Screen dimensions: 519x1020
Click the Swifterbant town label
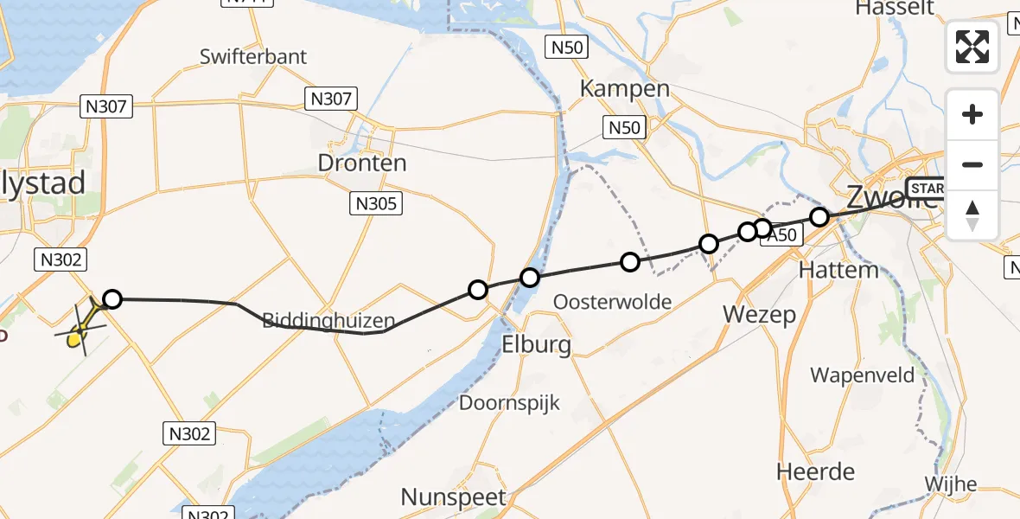point(252,57)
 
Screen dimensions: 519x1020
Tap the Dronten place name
point(362,163)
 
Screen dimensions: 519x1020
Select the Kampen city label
point(625,88)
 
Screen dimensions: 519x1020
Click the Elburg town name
point(536,345)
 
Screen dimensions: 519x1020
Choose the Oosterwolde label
point(613,301)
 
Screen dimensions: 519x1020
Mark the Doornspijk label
point(509,402)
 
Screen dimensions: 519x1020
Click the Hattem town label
point(838,270)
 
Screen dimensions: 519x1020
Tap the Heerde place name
point(815,472)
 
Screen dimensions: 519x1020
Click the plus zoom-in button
point(972,114)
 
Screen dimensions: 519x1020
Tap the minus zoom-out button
point(972,164)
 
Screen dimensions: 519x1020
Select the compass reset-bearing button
point(972,215)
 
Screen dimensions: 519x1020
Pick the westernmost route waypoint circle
point(112,299)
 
